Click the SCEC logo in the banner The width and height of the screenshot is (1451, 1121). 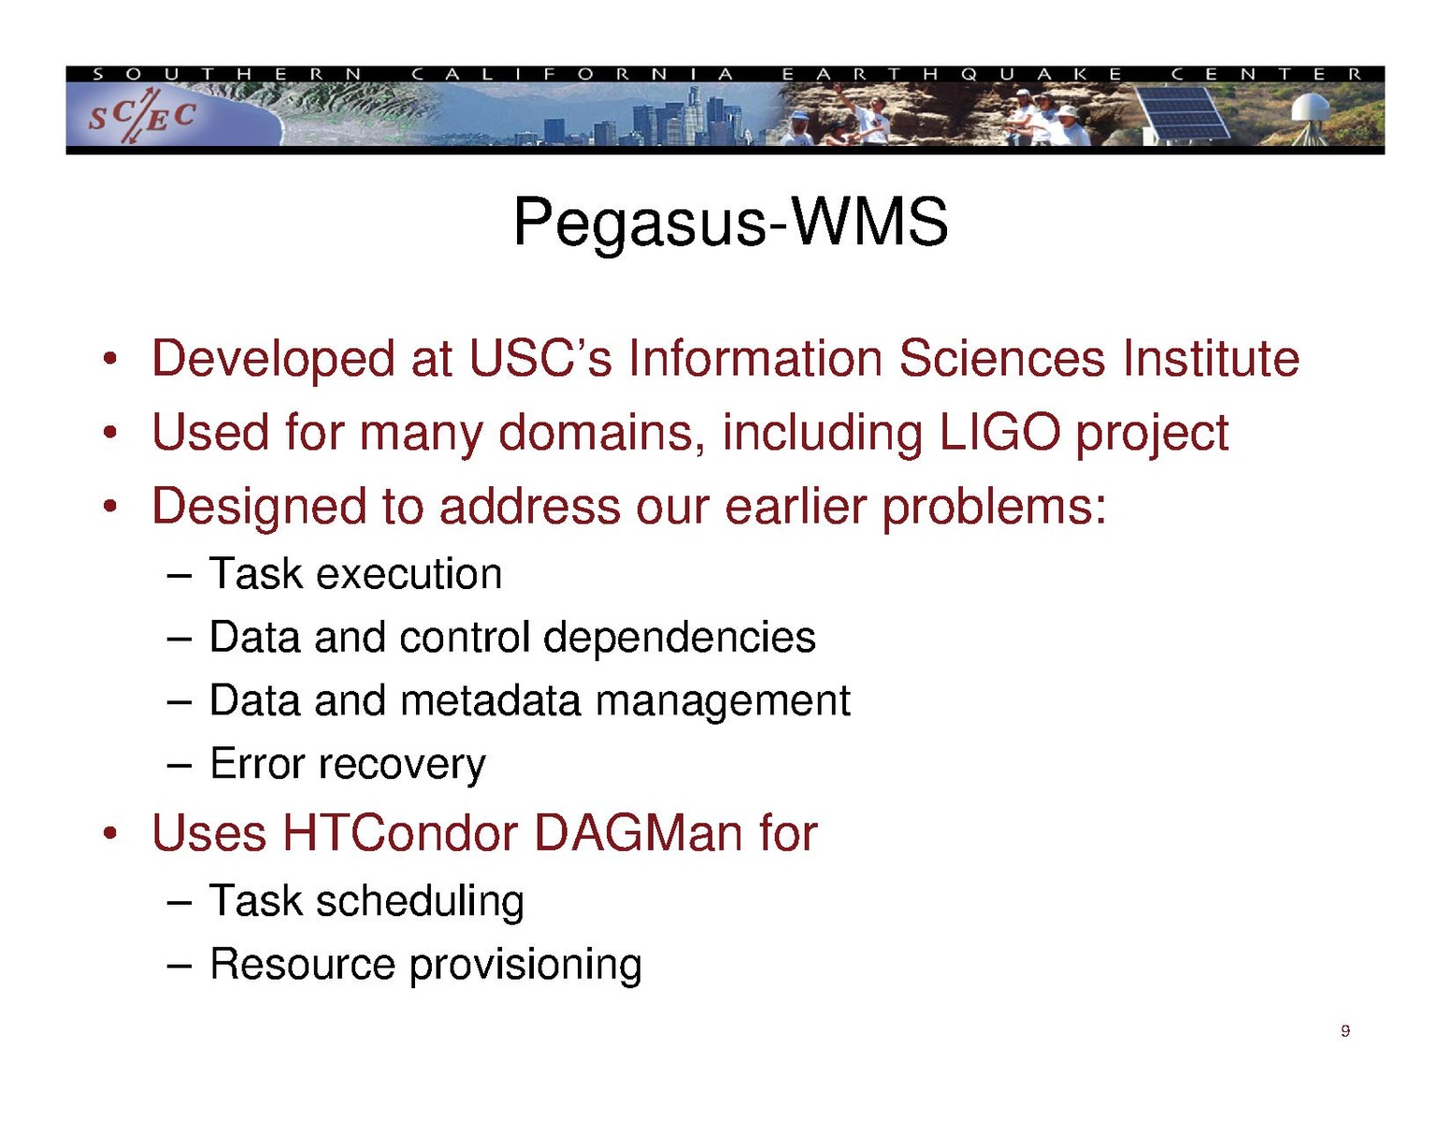pos(142,116)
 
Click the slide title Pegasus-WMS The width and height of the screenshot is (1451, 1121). pos(730,223)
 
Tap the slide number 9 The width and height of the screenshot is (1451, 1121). pos(1344,1031)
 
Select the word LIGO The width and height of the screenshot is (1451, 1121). pos(999,433)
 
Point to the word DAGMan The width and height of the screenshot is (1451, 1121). pos(638,833)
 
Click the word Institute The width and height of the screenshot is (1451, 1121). pos(1211,359)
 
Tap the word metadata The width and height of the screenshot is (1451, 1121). pos(490,701)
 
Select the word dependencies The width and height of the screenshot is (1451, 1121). pos(679,639)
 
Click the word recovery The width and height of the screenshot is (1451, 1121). pos(402,765)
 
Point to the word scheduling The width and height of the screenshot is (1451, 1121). pos(420,902)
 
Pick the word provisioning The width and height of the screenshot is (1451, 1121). pos(525,966)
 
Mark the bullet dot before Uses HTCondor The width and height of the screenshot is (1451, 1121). pos(110,834)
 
